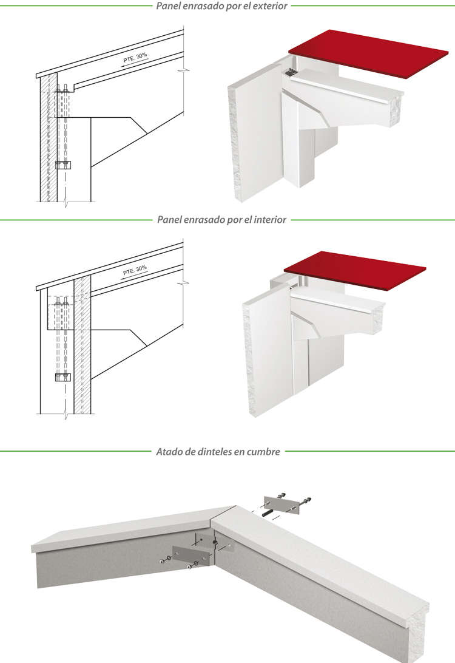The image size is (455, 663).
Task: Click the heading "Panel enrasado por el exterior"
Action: point(221,6)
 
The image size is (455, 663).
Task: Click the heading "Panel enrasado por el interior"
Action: point(222,219)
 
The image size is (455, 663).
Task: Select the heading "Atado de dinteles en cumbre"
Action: point(218,452)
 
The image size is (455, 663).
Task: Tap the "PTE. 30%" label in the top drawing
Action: point(135,58)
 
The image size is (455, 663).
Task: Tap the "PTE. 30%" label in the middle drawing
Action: point(135,270)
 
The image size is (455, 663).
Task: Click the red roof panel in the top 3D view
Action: point(368,53)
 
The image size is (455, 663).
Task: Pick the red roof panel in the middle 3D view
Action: point(355,271)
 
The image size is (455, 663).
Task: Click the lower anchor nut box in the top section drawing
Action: point(63,165)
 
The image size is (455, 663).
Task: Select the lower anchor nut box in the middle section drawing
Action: point(63,377)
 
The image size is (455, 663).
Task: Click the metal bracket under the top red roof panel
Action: point(289,72)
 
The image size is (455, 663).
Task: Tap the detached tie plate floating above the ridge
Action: point(281,505)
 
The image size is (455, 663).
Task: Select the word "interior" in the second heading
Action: point(269,219)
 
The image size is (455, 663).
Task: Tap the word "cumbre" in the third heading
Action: point(263,452)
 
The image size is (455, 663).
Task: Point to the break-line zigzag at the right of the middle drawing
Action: point(184,280)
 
